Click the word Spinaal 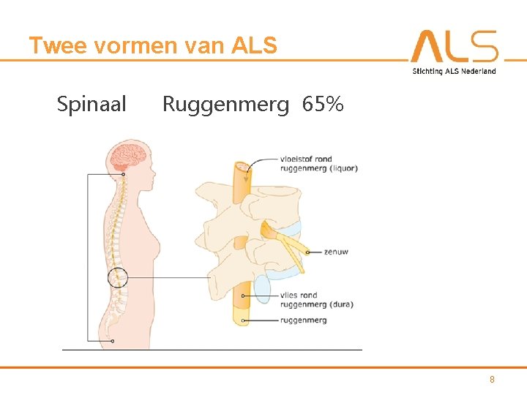pyautogui.click(x=91, y=105)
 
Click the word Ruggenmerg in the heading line pyautogui.click(x=225, y=105)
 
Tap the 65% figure pyautogui.click(x=322, y=105)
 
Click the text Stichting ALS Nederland pyautogui.click(x=454, y=71)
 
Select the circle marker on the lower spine pyautogui.click(x=117, y=278)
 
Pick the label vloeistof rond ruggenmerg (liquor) pyautogui.click(x=318, y=163)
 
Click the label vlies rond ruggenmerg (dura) pyautogui.click(x=316, y=300)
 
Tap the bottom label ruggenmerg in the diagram pyautogui.click(x=303, y=320)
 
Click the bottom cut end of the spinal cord pyautogui.click(x=242, y=319)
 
